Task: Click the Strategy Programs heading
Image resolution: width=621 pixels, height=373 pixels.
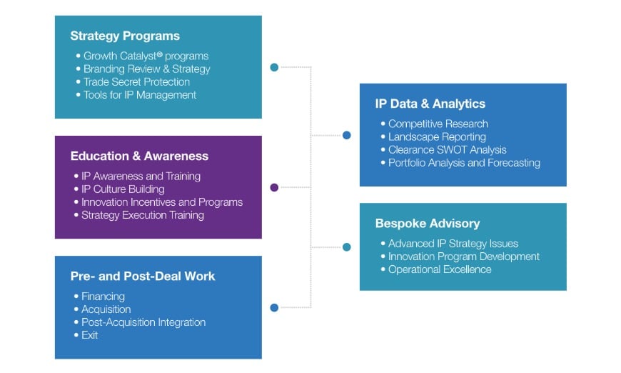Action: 125,36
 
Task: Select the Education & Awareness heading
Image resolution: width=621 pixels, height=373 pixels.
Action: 139,156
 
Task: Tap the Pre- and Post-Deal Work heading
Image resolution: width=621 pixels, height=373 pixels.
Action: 142,276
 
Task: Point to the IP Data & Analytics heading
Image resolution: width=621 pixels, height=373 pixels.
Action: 430,104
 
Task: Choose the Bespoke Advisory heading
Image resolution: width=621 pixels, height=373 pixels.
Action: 428,224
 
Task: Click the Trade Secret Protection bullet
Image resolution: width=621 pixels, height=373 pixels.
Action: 136,82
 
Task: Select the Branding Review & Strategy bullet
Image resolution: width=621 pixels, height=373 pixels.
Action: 146,69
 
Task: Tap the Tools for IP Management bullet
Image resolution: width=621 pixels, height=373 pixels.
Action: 139,95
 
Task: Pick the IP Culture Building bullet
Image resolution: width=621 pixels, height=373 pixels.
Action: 123,189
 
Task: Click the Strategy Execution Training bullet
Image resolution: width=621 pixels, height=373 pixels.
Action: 143,215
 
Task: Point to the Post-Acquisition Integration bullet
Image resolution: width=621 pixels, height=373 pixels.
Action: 143,322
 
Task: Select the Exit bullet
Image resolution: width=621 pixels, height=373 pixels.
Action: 89,335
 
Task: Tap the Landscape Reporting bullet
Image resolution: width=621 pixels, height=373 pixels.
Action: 437,136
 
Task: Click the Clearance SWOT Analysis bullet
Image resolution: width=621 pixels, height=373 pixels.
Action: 447,149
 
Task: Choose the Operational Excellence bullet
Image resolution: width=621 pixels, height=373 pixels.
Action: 440,269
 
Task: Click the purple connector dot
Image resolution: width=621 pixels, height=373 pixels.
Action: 274,188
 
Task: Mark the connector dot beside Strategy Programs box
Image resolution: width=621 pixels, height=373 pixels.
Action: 274,68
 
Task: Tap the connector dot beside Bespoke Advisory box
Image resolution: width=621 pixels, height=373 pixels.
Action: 347,247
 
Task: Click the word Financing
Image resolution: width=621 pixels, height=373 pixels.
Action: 103,297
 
